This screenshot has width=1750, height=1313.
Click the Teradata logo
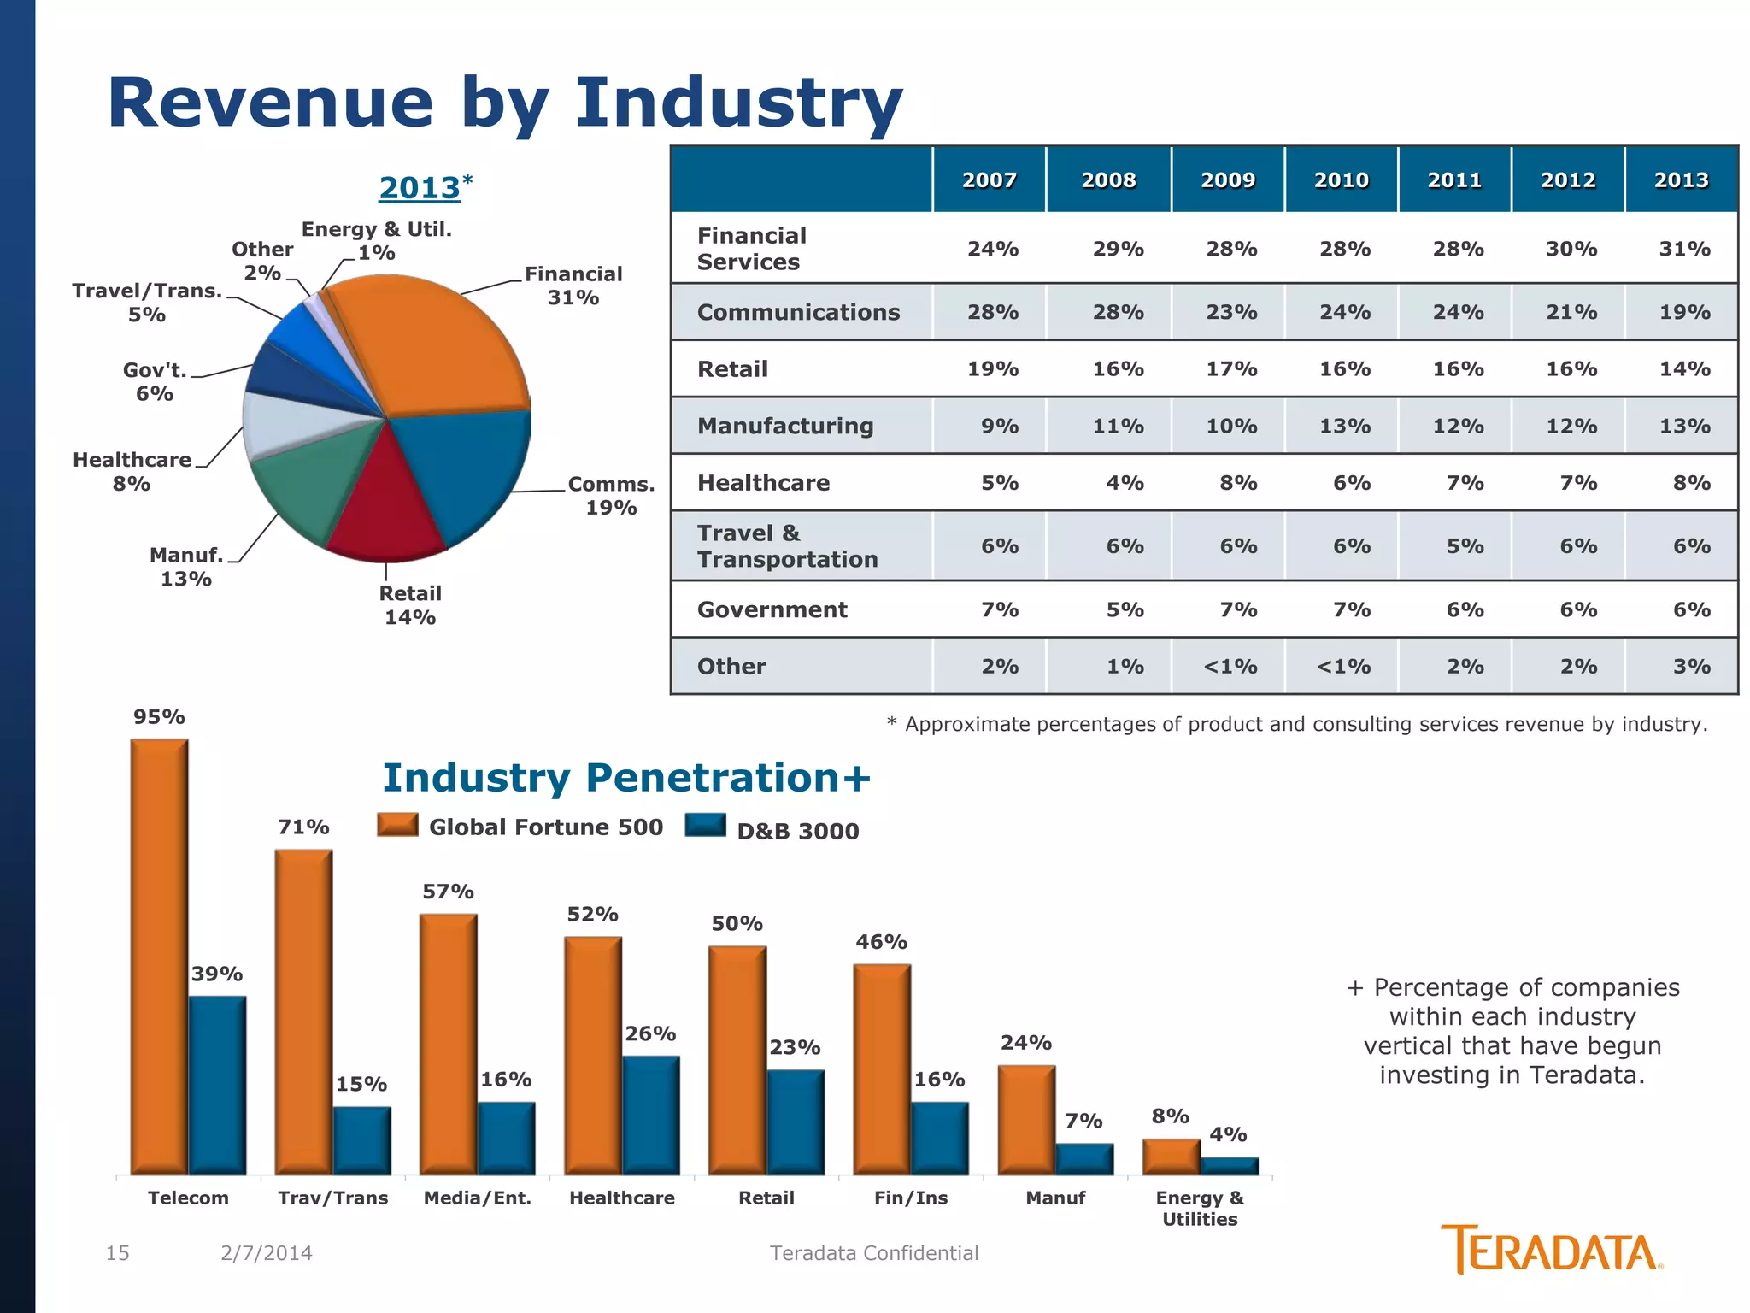coord(1551,1251)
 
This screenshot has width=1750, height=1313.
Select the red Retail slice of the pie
coord(386,513)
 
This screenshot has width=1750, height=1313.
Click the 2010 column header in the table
coord(1341,180)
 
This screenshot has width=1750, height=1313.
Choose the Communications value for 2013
coord(1684,312)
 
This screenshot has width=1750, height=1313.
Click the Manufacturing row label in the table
coord(785,426)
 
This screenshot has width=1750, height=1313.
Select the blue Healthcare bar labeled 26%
coord(651,1115)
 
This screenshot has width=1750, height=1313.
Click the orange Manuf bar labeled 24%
coord(1026,1119)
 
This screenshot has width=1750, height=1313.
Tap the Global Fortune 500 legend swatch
coord(397,825)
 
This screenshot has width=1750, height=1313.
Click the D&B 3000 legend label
coord(797,831)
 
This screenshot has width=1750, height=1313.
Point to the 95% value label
coord(159,717)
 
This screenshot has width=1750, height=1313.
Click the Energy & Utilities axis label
coord(1200,1208)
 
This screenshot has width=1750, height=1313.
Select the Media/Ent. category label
coord(478,1198)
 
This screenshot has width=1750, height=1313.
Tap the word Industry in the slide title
coord(738,103)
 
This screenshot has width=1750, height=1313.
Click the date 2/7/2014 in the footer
coord(267,1253)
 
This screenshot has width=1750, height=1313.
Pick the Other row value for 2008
coord(1125,666)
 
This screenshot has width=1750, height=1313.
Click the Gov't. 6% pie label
coord(155,382)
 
